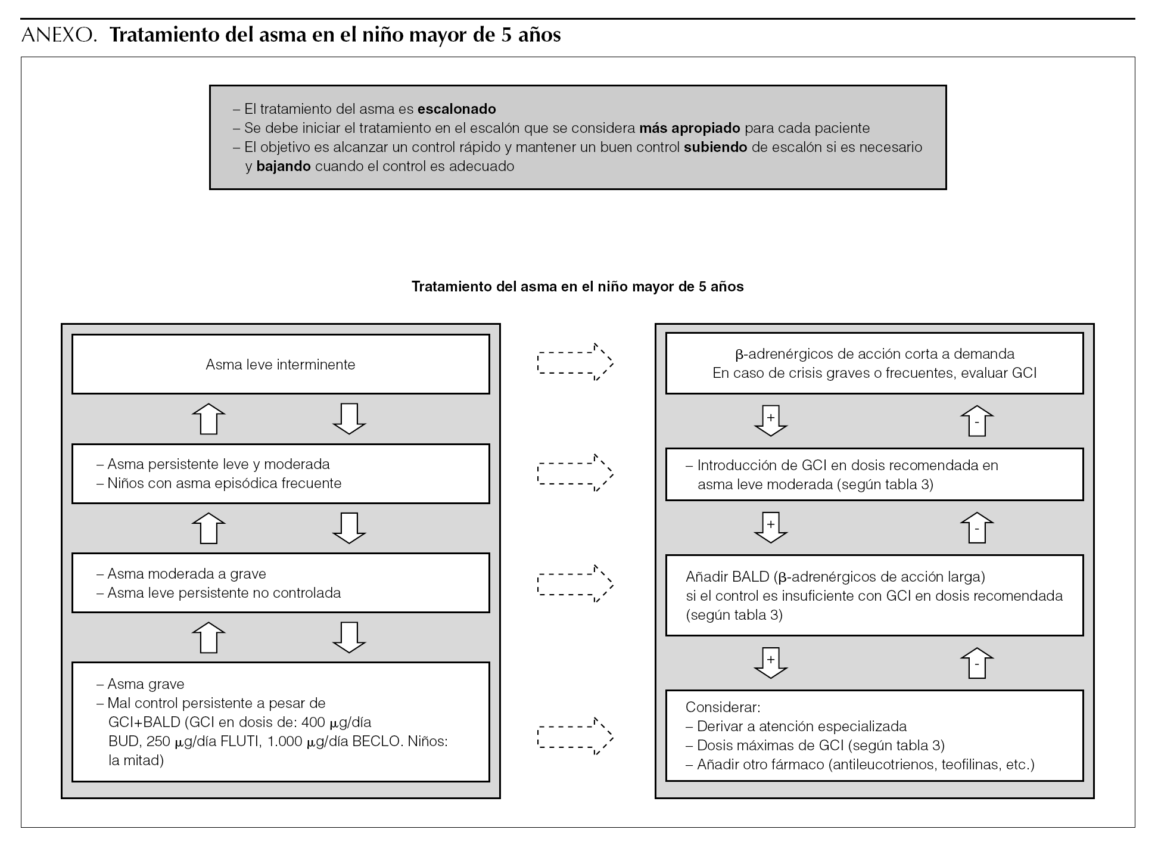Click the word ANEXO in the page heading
(x=58, y=36)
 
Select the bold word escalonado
(x=456, y=109)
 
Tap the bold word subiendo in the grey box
(x=715, y=147)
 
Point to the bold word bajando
(x=284, y=166)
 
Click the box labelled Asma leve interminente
(x=281, y=364)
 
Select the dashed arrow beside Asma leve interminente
(x=575, y=362)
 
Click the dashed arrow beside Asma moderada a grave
(x=575, y=583)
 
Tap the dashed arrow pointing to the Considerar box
(x=575, y=737)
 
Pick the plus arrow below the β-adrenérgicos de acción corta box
(x=771, y=420)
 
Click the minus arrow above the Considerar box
(x=977, y=663)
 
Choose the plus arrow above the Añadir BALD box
(x=771, y=527)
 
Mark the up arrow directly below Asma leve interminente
(x=208, y=418)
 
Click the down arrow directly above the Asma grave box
(x=348, y=637)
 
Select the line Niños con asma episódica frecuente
(x=224, y=483)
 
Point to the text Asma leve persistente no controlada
(x=224, y=593)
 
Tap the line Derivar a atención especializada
(x=801, y=726)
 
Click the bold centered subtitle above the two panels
(x=578, y=287)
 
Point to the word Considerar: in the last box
(x=723, y=707)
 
